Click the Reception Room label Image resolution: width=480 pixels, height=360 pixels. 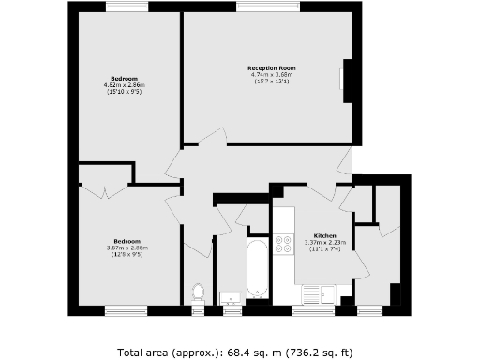point(272,68)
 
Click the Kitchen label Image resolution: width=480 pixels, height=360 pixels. point(325,234)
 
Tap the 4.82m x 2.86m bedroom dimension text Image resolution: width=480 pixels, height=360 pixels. point(125,84)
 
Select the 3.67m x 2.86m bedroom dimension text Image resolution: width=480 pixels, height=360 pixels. point(126,247)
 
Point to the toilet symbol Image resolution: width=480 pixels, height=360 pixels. point(197,292)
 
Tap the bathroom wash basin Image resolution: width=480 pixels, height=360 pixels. point(230,299)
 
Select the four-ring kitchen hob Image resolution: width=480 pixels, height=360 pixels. point(282,245)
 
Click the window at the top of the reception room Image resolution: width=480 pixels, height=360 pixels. point(262,7)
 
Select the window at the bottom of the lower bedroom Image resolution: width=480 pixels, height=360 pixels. point(126,308)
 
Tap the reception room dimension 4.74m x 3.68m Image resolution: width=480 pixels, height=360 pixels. point(272,75)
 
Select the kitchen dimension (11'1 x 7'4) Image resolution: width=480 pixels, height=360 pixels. point(325,248)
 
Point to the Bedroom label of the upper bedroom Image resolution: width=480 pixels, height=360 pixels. point(125,78)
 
